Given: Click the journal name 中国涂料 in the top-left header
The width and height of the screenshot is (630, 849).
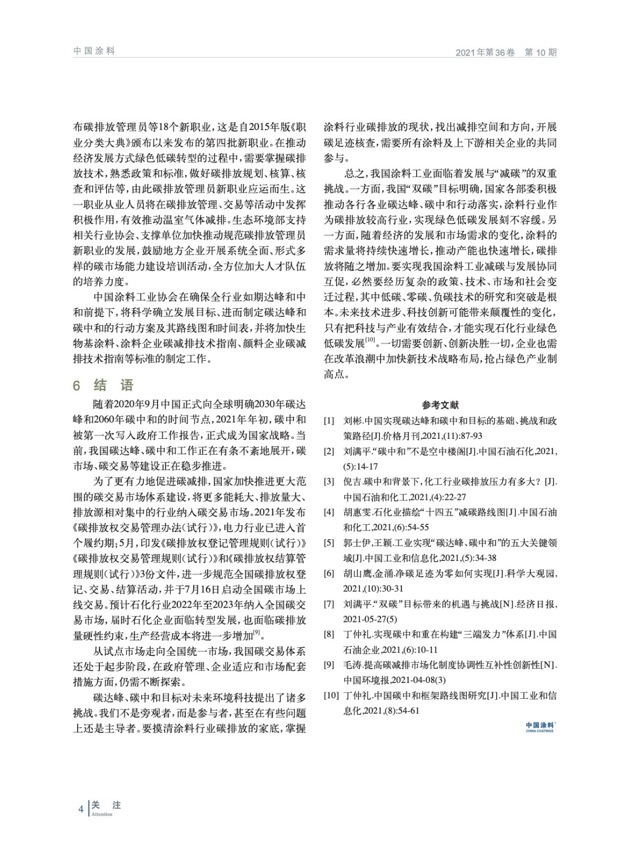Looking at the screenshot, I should pos(94,51).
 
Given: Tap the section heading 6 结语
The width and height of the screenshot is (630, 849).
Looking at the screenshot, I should pos(103,385).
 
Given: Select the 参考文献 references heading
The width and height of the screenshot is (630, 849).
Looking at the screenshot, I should pos(441,405).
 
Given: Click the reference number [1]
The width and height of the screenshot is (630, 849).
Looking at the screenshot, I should pos(329,421).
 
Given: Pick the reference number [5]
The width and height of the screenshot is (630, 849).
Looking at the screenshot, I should pos(329,543).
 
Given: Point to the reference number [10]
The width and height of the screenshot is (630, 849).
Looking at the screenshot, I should pos(331,695).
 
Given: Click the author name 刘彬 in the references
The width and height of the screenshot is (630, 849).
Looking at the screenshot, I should pos(352,421).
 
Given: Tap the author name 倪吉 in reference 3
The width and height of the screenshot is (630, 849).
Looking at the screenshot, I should pos(352,482).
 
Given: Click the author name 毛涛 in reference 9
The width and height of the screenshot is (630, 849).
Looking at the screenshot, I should pos(352,664).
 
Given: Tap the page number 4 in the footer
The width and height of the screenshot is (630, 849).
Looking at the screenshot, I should pos(80,809).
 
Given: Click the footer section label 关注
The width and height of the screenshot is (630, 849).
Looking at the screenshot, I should pos(106,805).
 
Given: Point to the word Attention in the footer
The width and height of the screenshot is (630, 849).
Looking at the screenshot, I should pos(102,815).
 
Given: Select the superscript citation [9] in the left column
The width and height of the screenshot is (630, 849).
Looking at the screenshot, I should pos(256,632).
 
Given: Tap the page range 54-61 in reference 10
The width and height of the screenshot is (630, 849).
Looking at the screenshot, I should pos(407,711).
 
